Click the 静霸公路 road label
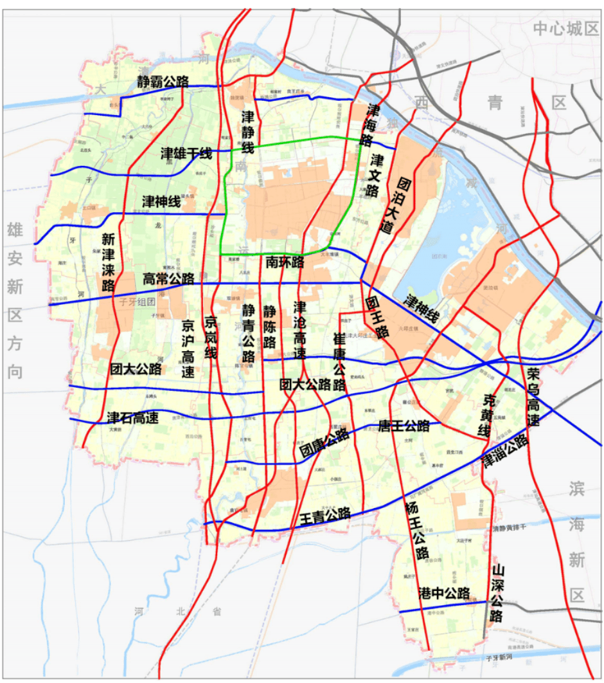163,82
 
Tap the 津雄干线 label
186,154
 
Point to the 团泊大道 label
395,205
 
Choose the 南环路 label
285,262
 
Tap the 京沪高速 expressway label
188,348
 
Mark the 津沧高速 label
299,331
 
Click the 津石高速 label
132,418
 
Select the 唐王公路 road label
404,426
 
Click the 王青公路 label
325,516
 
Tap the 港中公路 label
444,593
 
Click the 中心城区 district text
566,28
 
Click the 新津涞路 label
108,262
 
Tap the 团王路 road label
377,318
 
